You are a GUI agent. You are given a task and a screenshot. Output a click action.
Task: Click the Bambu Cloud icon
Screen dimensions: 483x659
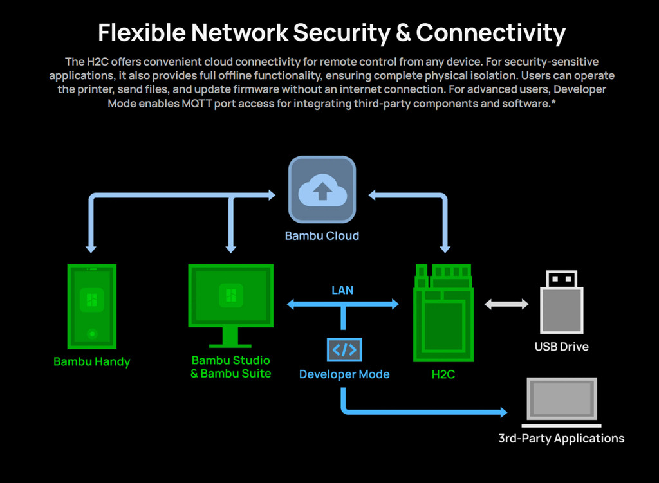[322, 190]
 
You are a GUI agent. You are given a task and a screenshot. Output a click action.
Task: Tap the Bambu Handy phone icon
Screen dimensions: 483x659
[92, 307]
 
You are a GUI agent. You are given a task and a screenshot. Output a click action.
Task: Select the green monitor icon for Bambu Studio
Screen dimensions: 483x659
[230, 299]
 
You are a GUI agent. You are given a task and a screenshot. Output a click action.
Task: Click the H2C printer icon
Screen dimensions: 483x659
[443, 312]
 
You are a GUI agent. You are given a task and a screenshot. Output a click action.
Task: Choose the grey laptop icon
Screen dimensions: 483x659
[561, 402]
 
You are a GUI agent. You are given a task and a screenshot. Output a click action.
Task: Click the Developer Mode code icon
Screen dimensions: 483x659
[344, 349]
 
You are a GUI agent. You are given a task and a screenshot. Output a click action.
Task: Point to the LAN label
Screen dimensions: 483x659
[342, 290]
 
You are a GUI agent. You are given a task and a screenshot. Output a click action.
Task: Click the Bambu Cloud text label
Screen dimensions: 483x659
[322, 235]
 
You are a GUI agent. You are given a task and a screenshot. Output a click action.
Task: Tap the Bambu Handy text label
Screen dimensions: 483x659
[92, 361]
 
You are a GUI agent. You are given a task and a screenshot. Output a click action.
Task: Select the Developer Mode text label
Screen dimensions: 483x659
[344, 374]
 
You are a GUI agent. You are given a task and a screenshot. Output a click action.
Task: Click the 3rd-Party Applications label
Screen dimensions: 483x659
[561, 439]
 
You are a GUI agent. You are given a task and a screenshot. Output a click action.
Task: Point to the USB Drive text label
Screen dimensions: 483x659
[561, 347]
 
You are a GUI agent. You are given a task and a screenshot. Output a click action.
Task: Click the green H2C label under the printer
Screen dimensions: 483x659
[443, 374]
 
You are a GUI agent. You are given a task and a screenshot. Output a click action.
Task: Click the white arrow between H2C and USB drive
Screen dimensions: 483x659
[506, 304]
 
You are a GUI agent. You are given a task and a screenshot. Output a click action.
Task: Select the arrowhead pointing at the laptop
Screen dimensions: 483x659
[501, 412]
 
